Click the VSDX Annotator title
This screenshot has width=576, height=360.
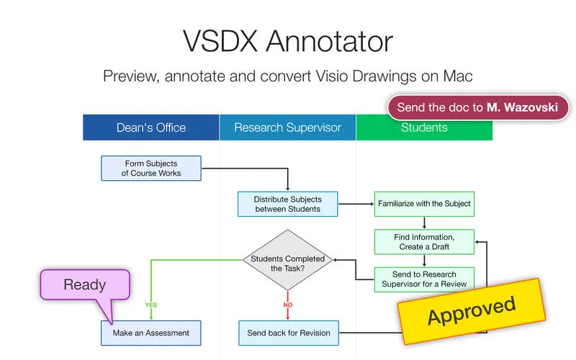[x=288, y=41]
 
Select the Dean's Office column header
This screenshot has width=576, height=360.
[x=151, y=127]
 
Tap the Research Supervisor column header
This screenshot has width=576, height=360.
[x=287, y=127]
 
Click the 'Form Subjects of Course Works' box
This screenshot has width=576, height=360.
[x=151, y=168]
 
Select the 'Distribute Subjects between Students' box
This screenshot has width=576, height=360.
[x=288, y=204]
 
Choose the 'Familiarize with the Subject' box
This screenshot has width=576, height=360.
[x=424, y=204]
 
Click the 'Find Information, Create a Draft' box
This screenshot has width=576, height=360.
[x=424, y=242]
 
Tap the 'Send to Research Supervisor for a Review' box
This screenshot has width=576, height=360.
[x=424, y=279]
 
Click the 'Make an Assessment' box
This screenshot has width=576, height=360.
[x=151, y=333]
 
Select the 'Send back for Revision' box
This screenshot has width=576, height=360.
[x=288, y=333]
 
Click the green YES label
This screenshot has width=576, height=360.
[x=150, y=305]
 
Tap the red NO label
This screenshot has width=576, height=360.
[x=288, y=305]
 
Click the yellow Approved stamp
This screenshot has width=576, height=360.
[x=472, y=311]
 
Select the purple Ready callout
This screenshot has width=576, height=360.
[x=84, y=285]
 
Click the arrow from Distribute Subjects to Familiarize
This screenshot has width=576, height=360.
[x=356, y=204]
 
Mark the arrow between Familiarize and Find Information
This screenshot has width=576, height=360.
[x=424, y=222]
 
